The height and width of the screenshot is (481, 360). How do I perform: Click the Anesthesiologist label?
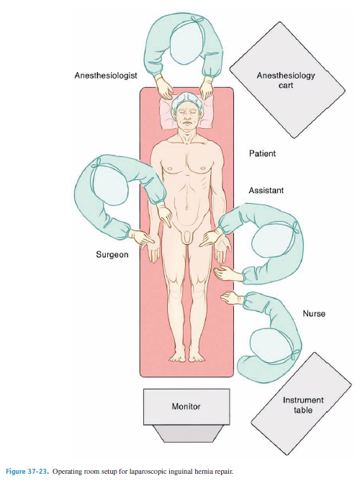coord(106,76)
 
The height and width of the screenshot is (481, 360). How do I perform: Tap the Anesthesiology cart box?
coord(287,80)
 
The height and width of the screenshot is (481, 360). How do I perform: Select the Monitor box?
coord(186,407)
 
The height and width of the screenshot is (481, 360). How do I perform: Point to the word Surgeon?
coord(112,255)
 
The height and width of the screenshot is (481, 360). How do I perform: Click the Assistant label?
coord(266,191)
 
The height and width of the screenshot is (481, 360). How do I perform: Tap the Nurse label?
coord(314,313)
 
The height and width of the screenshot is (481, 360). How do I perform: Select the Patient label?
coord(262,153)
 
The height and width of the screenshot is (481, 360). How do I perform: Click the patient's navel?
coord(186,207)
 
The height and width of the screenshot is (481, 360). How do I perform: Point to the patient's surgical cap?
coord(186,99)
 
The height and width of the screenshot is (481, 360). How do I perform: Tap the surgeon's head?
coord(109,186)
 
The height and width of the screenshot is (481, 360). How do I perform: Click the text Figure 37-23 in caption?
coord(27,472)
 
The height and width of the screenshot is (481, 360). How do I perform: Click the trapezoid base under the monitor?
coord(186,433)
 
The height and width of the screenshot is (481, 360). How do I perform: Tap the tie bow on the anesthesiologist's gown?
coord(197,20)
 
